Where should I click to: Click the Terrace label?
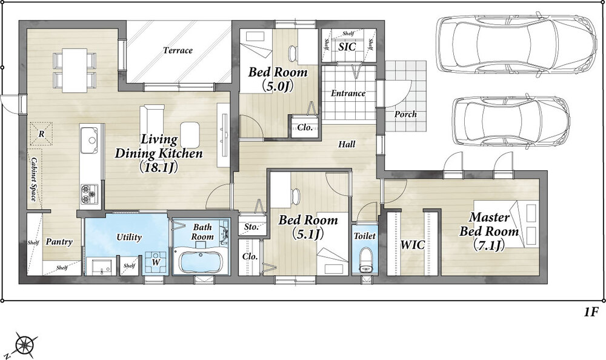pos(178,50)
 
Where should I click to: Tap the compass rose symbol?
pos(25,343)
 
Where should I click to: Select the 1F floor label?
pos(591,312)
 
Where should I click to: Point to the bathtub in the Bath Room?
pos(199,262)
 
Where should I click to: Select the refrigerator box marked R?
pos(41,133)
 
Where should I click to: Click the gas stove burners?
pos(89,194)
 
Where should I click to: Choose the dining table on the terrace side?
pos(75,70)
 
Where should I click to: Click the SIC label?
pos(347,47)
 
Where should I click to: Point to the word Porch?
pos(405,114)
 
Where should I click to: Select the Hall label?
pos(347,144)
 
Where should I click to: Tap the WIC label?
pos(412,244)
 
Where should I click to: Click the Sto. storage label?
pos(251,227)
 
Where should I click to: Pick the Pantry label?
pos(59,242)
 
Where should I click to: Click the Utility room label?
pos(129,237)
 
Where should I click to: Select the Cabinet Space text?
pos(34,179)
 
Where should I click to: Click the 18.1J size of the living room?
pos(158,167)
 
